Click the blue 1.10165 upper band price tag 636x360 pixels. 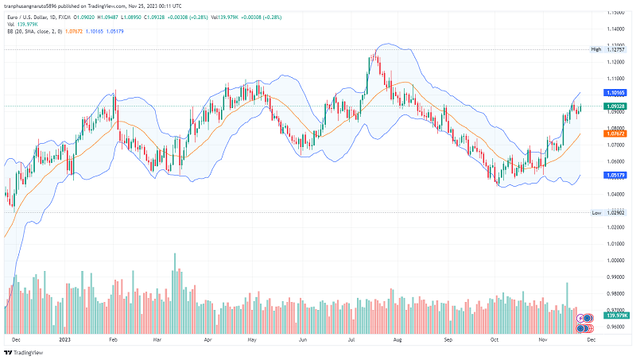[x=615, y=93]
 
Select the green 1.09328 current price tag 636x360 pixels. [x=615, y=106]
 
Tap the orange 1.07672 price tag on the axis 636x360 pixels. [x=615, y=134]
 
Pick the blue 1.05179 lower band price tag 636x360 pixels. [x=615, y=175]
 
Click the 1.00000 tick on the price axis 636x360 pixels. [x=614, y=260]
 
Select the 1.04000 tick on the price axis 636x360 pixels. [x=614, y=194]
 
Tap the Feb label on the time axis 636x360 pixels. [x=113, y=339]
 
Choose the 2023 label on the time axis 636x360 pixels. [x=64, y=339]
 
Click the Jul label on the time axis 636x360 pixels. [x=351, y=339]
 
